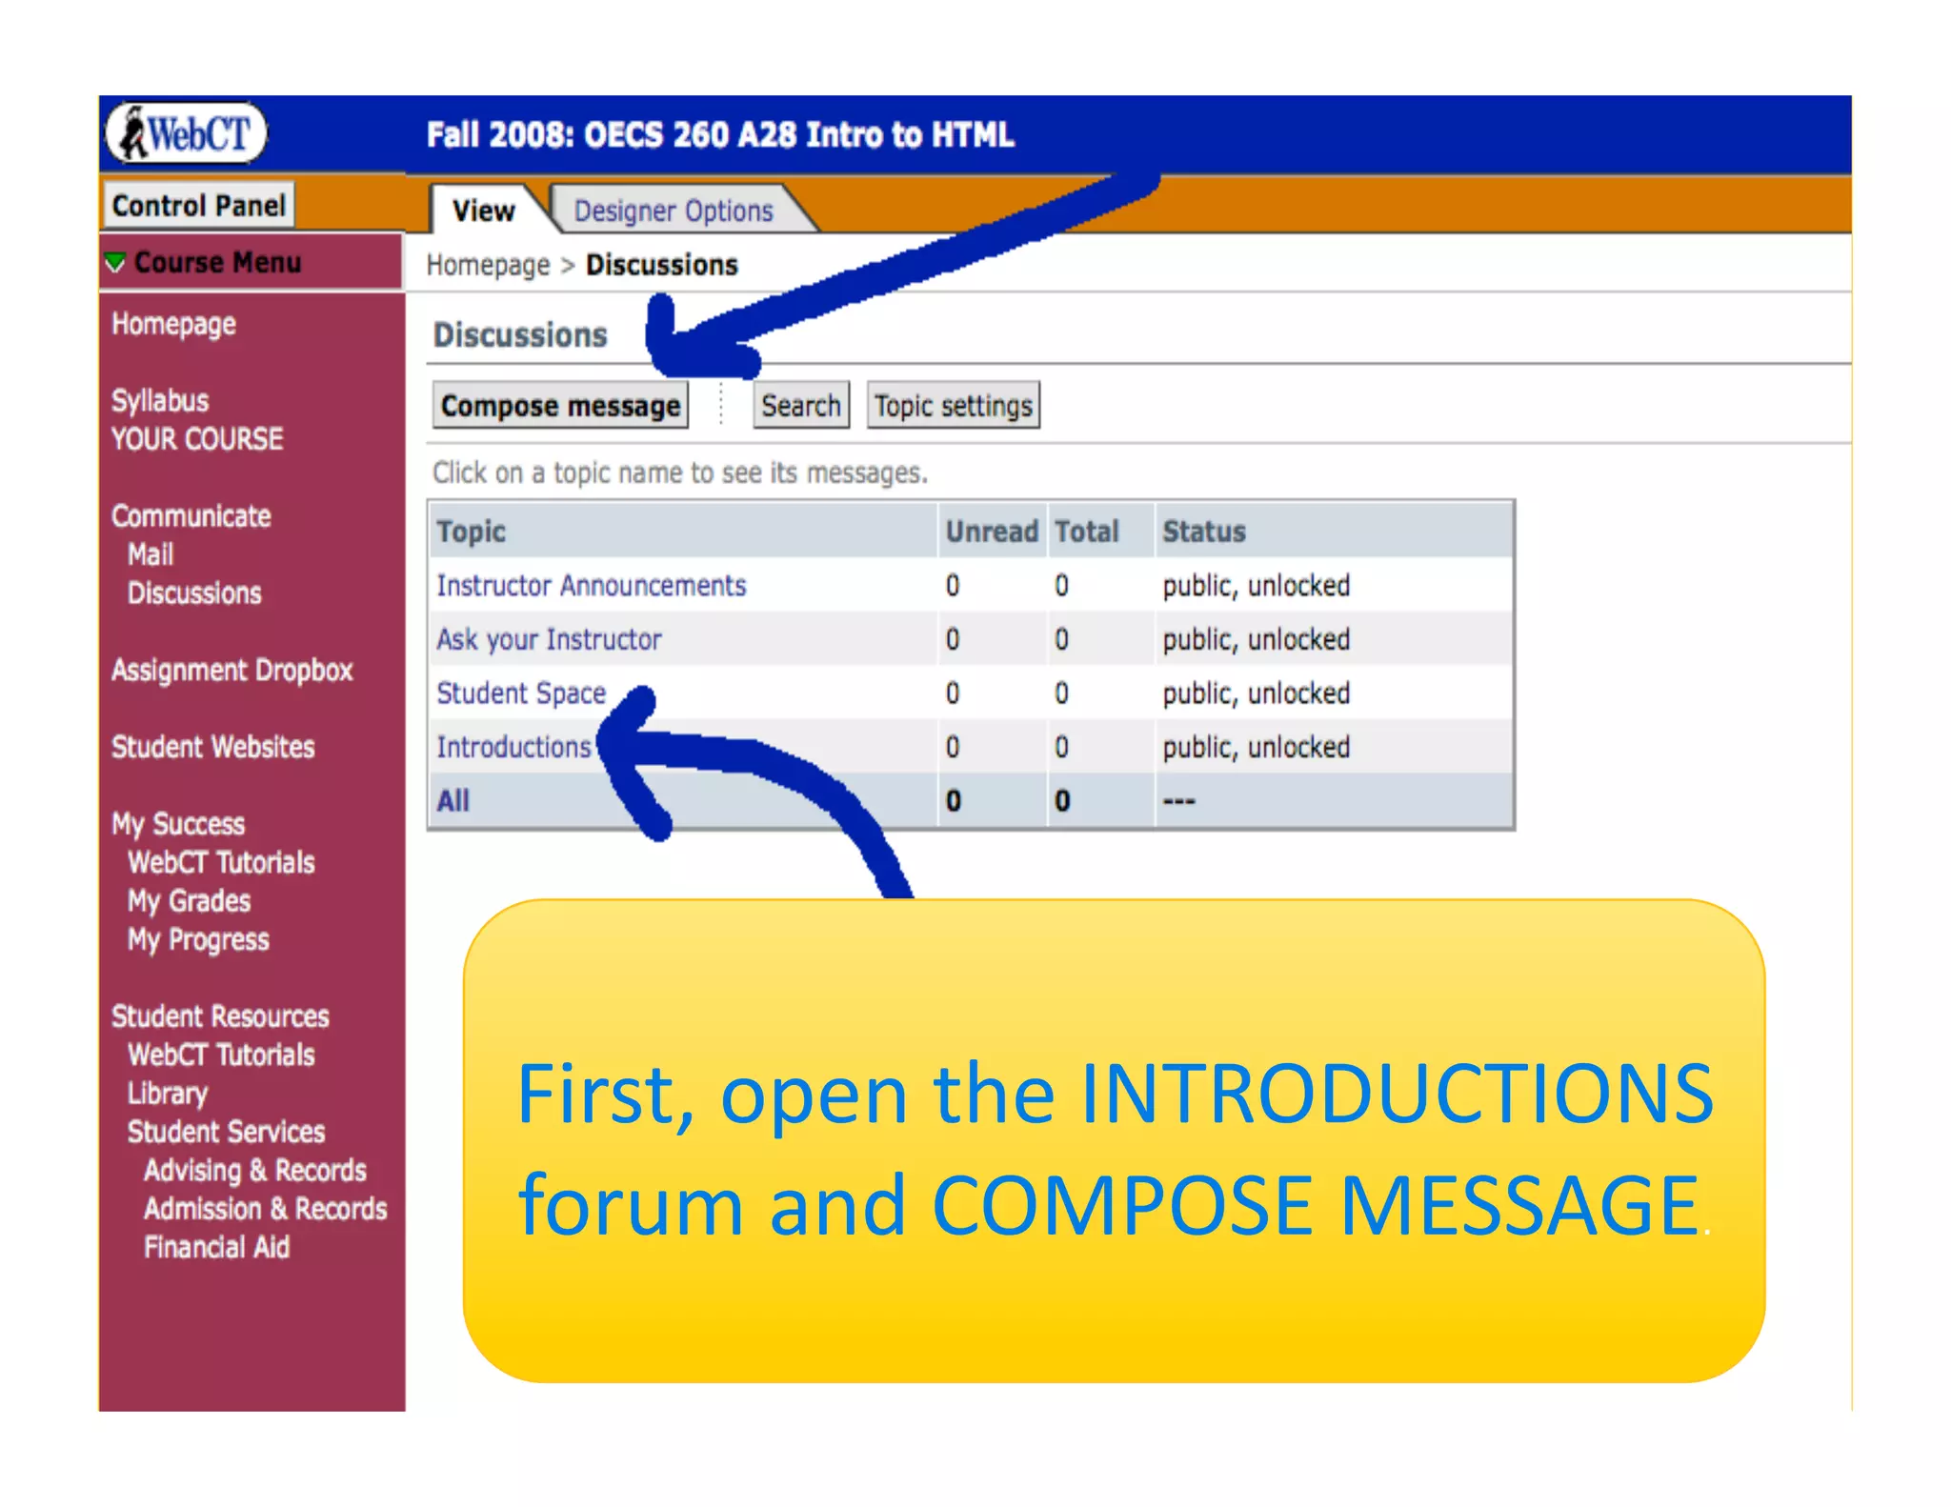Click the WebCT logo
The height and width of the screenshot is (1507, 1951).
point(187,133)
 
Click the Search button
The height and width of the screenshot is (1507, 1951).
point(800,406)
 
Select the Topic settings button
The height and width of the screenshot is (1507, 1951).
point(953,406)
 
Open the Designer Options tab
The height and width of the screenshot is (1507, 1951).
point(674,211)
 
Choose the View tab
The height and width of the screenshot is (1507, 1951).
point(483,211)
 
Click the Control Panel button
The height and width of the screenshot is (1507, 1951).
point(198,205)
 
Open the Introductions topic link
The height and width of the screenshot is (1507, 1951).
point(513,747)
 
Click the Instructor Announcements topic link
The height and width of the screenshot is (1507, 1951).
point(591,585)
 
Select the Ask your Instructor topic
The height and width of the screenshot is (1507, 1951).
point(549,639)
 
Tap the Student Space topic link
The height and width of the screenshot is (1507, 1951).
point(521,693)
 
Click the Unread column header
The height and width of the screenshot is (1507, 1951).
point(991,531)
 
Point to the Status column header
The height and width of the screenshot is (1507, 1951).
point(1203,531)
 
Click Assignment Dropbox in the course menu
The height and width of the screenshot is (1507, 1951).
point(231,671)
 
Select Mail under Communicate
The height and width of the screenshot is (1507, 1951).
point(151,554)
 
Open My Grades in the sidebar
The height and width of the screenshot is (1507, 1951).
point(189,901)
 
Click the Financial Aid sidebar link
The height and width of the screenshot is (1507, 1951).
point(216,1247)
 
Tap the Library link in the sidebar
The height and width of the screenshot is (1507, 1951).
point(168,1094)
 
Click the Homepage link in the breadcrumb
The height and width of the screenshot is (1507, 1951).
point(488,265)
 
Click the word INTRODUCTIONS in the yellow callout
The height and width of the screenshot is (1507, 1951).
point(1397,1094)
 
